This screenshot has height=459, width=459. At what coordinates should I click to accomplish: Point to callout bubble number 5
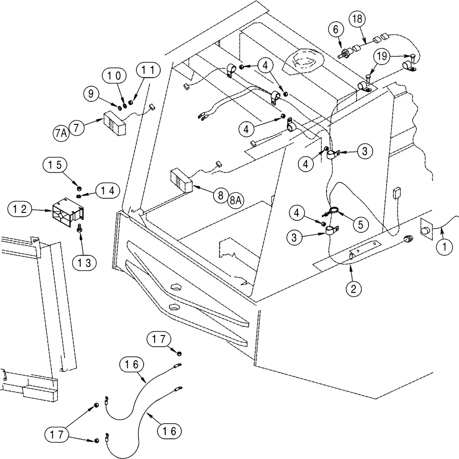tap(360, 224)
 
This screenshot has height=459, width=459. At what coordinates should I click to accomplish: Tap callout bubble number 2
tap(353, 289)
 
